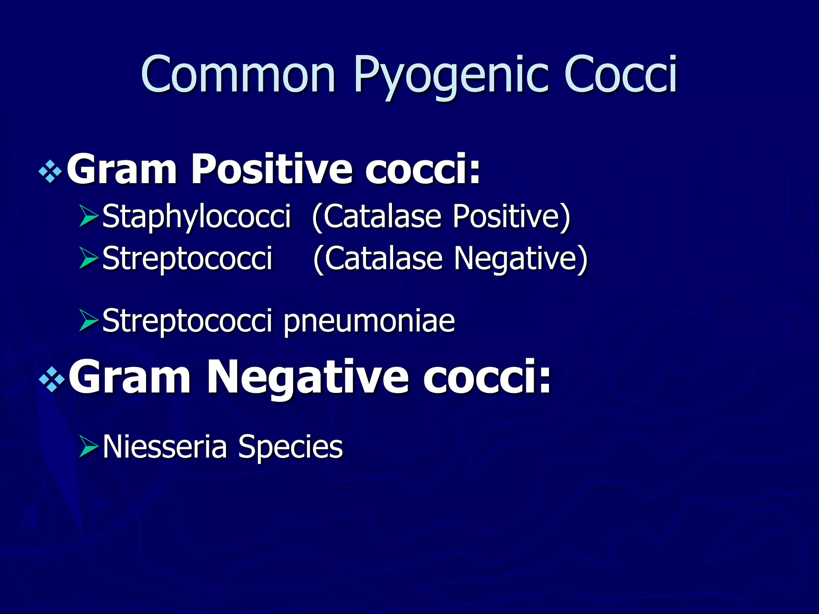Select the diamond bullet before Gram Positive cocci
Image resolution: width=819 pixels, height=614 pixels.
tap(50, 172)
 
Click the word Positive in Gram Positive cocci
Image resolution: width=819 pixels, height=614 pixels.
tap(272, 169)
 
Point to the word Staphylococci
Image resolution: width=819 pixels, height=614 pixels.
tap(196, 216)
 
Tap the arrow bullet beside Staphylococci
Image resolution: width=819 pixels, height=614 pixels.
tap(89, 216)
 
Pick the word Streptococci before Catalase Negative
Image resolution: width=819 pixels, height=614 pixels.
tap(187, 259)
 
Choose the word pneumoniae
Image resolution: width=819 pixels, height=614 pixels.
tap(369, 321)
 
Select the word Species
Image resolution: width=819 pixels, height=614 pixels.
tap(290, 447)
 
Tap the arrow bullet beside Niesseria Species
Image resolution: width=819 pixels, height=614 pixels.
tap(89, 447)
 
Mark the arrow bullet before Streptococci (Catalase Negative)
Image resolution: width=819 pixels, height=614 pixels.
tap(89, 258)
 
